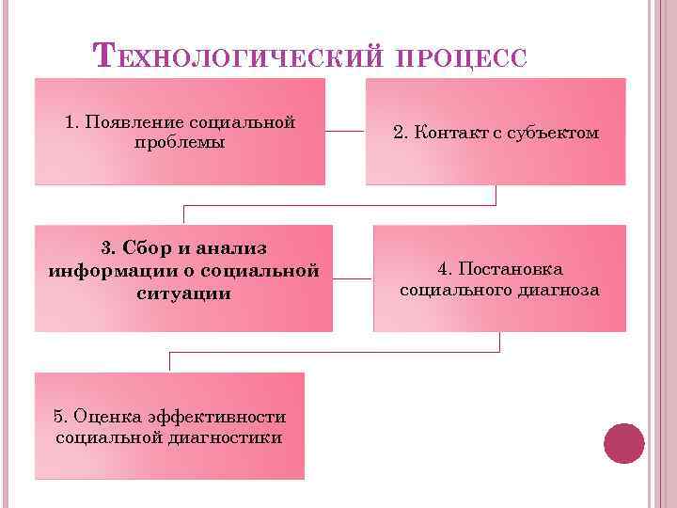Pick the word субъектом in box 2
[552, 133]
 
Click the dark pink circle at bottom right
[623, 442]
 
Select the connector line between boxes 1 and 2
[345, 132]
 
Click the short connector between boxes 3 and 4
[353, 278]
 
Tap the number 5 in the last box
[58, 417]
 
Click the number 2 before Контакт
[399, 133]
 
